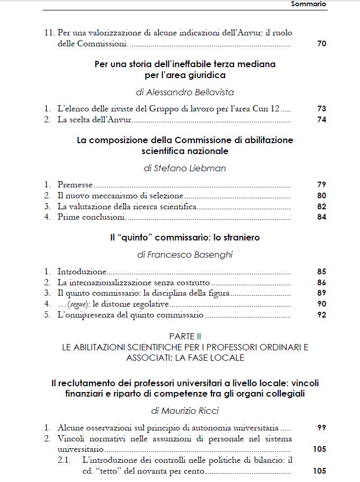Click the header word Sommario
(308, 4)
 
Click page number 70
(321, 44)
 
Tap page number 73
(321, 109)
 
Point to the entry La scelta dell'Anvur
(94, 120)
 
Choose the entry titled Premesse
(75, 185)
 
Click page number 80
(321, 196)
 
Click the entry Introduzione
(82, 271)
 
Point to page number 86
(321, 282)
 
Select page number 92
(321, 315)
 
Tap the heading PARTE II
(185, 337)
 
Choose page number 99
(321, 427)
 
